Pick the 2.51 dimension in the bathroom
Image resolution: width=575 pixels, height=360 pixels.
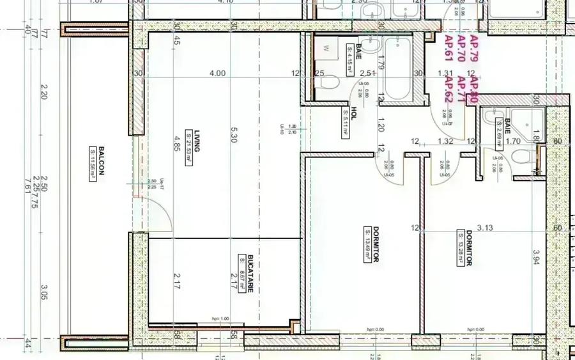point(365,74)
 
